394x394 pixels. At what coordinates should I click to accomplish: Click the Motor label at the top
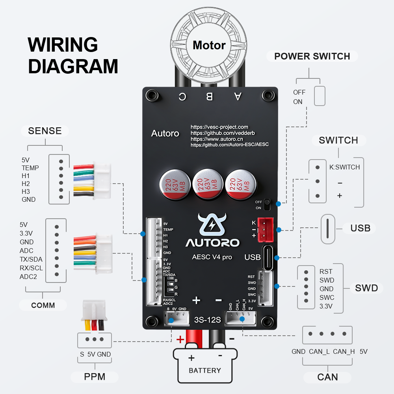pos(209,45)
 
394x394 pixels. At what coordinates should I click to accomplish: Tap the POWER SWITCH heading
pos(312,56)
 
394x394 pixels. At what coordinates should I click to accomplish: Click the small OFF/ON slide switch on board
pos(268,204)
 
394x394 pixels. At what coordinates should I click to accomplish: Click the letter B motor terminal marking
pos(210,96)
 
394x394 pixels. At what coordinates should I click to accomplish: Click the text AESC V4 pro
pos(212,257)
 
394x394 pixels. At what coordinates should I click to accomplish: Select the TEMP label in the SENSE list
pos(30,168)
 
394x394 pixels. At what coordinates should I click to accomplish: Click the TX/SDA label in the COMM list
pos(31,259)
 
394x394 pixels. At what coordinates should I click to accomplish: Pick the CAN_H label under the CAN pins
pos(344,351)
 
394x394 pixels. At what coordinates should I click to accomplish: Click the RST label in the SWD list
pos(326,271)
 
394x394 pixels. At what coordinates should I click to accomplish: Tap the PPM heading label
pos(95,377)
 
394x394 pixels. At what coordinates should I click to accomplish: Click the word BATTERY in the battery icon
pos(204,370)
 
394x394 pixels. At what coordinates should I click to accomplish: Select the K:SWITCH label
pos(344,167)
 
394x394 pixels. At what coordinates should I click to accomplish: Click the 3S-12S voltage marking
pos(207,320)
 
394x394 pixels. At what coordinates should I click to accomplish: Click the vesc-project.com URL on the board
pos(219,127)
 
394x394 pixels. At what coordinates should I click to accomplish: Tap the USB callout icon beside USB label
pos(328,229)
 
